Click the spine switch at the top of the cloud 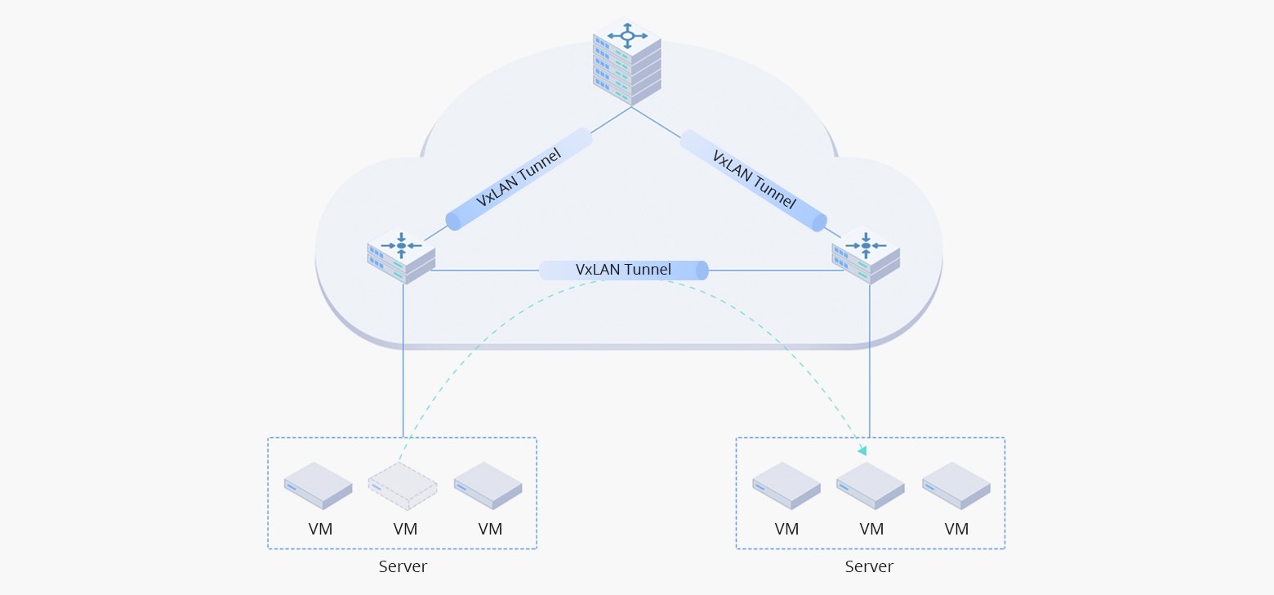[x=626, y=62]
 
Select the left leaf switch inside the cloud [x=401, y=256]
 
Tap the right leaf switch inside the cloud [x=866, y=256]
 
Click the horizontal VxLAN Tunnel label [x=623, y=270]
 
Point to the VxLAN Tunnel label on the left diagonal [x=519, y=177]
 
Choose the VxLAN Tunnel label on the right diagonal [x=753, y=178]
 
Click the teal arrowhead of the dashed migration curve [x=862, y=450]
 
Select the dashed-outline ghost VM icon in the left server [x=403, y=485]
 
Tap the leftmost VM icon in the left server [x=318, y=485]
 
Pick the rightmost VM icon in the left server [x=488, y=485]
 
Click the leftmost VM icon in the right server [x=786, y=485]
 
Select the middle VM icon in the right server [x=871, y=485]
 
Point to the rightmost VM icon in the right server [x=956, y=485]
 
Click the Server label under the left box [x=403, y=566]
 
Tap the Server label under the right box [x=869, y=566]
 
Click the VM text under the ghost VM [x=405, y=529]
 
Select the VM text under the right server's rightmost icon [x=956, y=529]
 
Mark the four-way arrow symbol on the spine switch [x=627, y=35]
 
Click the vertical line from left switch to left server [x=403, y=368]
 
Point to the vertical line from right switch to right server [x=870, y=368]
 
